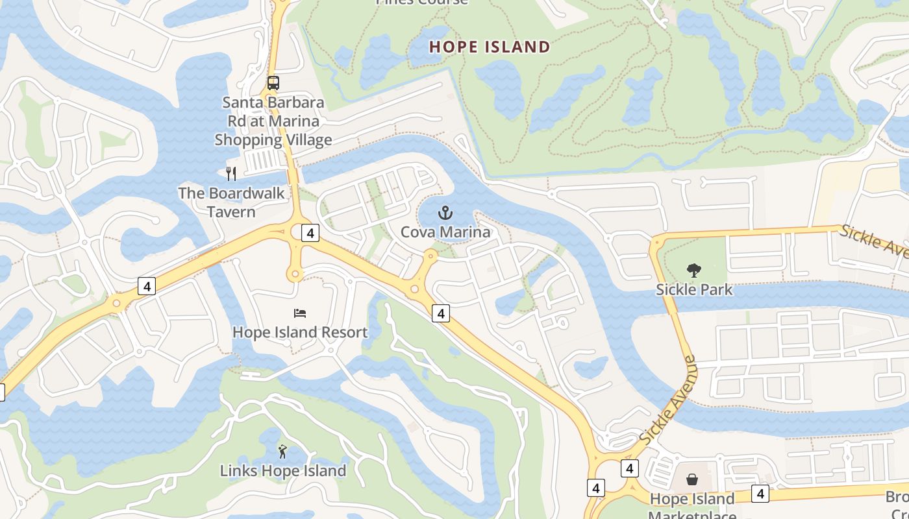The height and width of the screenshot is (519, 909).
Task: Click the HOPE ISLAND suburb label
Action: point(490,47)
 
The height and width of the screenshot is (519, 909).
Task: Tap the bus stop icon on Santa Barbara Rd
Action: point(273,83)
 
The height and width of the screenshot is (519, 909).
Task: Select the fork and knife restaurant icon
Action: point(230,173)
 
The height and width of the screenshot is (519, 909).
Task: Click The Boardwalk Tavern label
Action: point(231,202)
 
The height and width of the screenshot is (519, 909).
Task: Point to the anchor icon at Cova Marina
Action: point(445,213)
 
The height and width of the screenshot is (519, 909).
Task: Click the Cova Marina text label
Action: point(445,232)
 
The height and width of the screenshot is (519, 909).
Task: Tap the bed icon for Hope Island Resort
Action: point(299,313)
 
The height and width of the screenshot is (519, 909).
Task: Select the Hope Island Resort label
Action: point(300,332)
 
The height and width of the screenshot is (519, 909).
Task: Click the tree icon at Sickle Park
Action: point(693,270)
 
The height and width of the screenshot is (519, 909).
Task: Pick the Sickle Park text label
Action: point(693,289)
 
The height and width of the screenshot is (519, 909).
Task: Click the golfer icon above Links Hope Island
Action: point(282,452)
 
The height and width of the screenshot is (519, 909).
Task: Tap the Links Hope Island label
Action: point(282,470)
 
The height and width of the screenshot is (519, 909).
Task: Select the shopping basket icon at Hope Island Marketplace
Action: point(692,480)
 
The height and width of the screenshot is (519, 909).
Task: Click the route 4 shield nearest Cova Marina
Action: point(441,313)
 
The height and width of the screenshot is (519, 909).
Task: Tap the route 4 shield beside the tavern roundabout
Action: point(311,233)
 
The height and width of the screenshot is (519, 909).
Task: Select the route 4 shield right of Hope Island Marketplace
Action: point(760,493)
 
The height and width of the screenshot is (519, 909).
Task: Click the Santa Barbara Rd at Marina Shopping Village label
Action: point(273,121)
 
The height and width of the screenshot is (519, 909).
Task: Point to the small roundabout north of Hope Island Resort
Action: point(295,275)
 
